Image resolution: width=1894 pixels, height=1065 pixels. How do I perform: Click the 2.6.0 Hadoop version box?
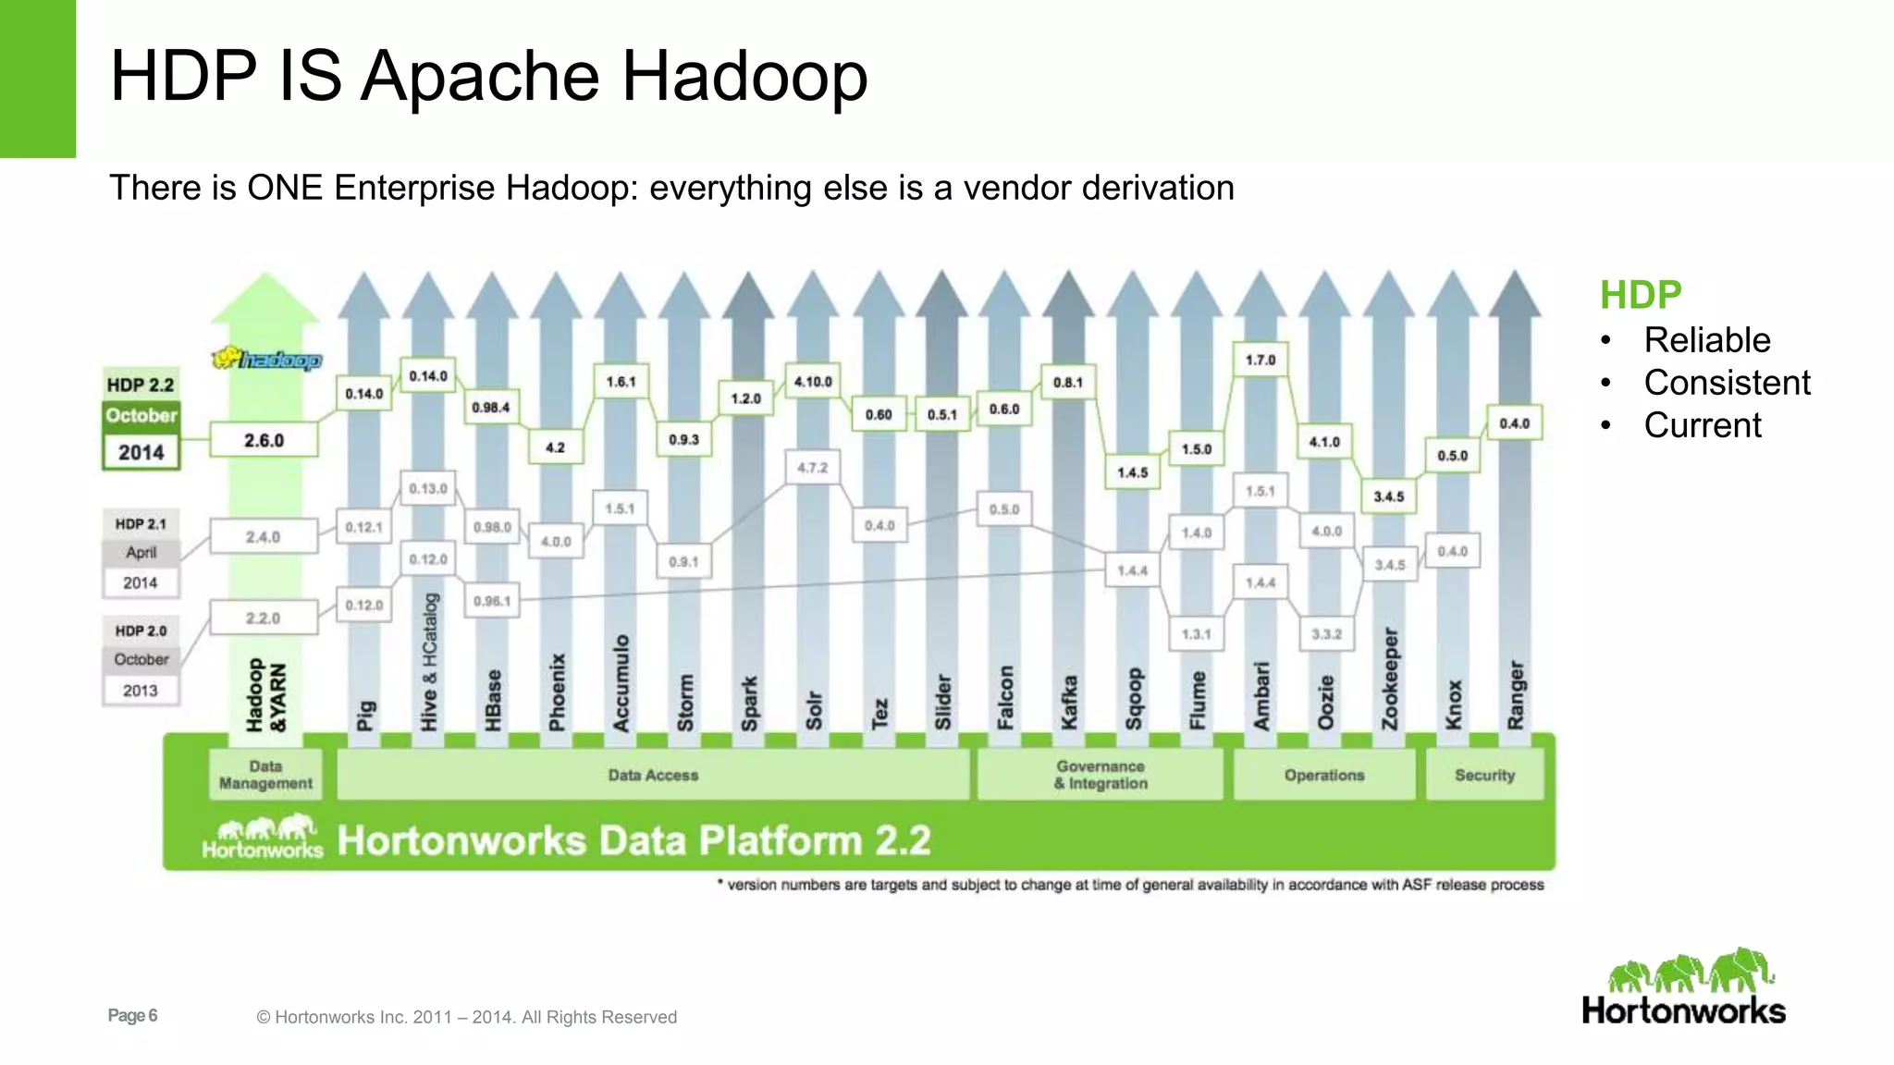(264, 440)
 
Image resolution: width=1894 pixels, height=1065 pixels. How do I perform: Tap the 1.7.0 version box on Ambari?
(1260, 360)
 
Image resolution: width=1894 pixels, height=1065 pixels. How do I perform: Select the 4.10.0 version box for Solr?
(813, 381)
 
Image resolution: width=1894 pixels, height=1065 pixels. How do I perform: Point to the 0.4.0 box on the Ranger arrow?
(1514, 423)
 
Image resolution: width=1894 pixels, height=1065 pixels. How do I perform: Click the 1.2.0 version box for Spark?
(745, 398)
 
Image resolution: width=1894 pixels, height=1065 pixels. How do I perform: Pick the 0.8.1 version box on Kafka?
(1067, 382)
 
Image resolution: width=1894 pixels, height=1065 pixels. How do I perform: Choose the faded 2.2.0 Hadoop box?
(263, 618)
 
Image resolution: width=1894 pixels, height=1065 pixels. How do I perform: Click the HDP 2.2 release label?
(141, 385)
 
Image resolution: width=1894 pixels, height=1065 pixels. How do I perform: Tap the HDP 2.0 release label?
(141, 630)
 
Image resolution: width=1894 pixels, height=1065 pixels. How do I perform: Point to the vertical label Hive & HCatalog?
(429, 661)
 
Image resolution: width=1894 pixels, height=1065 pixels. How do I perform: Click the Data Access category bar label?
(653, 775)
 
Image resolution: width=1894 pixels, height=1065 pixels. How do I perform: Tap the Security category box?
(1484, 775)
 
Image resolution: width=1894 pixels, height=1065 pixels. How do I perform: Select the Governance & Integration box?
(1101, 775)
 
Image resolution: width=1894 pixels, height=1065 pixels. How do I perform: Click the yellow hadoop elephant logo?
(266, 359)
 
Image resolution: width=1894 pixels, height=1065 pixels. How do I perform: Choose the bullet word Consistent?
(1727, 383)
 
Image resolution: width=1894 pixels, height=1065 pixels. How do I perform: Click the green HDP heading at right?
(1641, 295)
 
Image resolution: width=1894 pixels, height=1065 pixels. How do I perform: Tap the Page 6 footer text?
(132, 1015)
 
